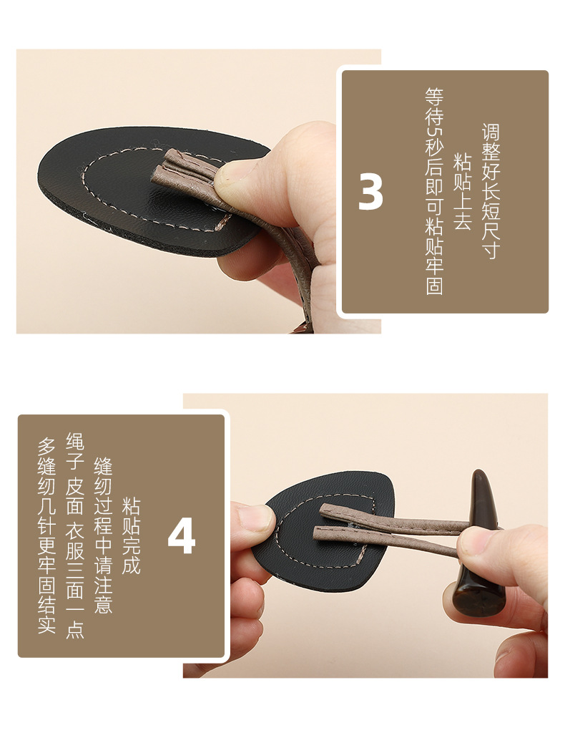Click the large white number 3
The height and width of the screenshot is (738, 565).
370,193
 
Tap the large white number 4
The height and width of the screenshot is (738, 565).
182,537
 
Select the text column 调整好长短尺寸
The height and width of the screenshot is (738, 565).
491,191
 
